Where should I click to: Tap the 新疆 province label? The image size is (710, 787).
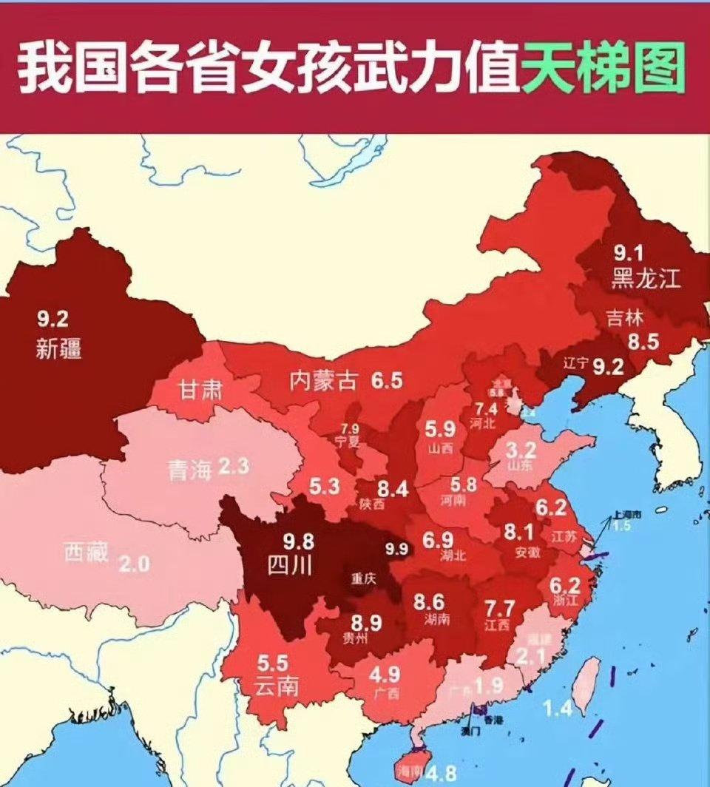[x=58, y=348]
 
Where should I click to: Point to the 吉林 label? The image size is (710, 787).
[x=625, y=318]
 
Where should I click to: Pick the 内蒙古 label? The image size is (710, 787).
[x=323, y=381]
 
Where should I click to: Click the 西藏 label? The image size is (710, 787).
[x=86, y=551]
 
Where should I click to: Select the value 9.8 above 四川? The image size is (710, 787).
[x=298, y=541]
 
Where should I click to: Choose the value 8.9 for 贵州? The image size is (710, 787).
[x=366, y=623]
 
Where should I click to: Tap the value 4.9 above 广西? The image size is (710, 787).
[x=385, y=675]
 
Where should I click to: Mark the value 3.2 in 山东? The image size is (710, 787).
[x=520, y=449]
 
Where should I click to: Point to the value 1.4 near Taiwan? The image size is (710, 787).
[x=558, y=709]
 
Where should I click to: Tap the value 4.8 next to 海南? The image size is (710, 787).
[x=441, y=774]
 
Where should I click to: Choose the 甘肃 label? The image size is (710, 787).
[x=199, y=389]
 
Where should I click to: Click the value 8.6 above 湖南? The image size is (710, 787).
[x=429, y=601]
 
